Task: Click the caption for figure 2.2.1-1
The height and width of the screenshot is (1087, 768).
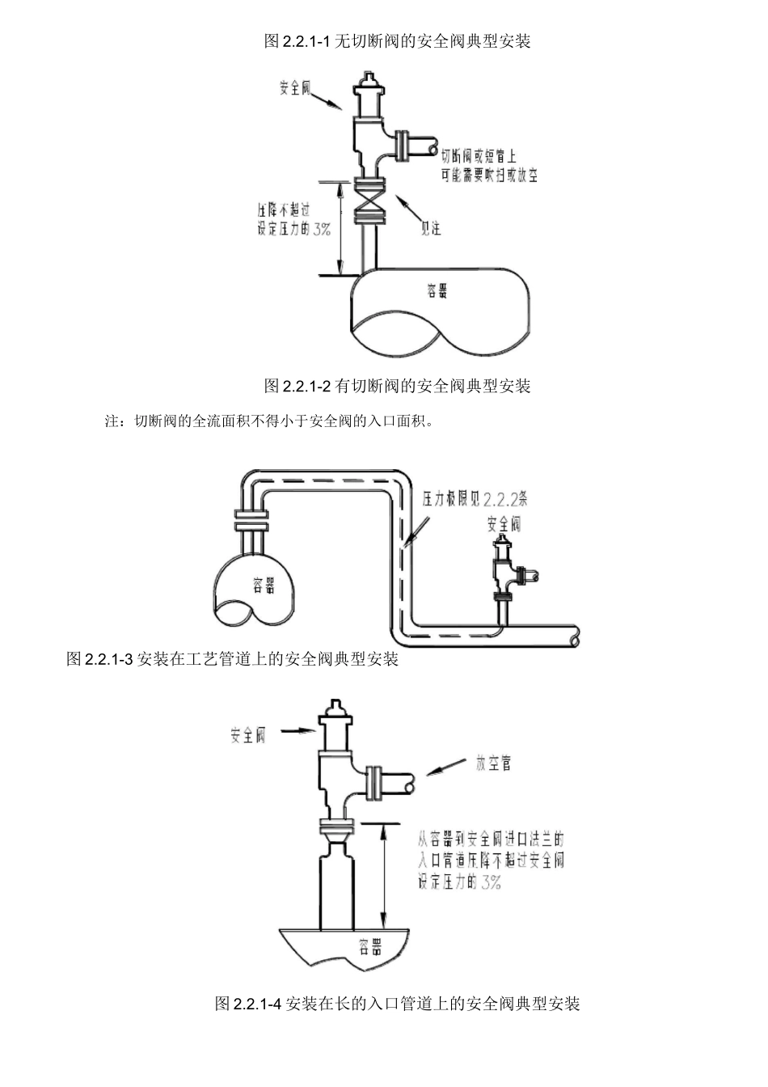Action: click(x=397, y=41)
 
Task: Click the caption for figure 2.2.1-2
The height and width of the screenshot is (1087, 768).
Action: click(x=397, y=386)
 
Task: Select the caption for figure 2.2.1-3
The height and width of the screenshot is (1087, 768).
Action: click(x=233, y=659)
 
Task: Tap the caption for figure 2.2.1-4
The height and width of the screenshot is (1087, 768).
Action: click(x=397, y=1004)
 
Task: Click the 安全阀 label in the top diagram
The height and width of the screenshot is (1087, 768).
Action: click(x=295, y=88)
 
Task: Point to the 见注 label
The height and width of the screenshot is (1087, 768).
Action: click(x=432, y=228)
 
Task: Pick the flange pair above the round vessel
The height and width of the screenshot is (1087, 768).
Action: click(x=251, y=520)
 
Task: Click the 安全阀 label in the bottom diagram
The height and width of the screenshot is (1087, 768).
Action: click(x=247, y=735)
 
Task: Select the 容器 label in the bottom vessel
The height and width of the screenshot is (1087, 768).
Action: click(x=371, y=945)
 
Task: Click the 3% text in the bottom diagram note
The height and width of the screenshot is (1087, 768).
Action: click(x=491, y=882)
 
